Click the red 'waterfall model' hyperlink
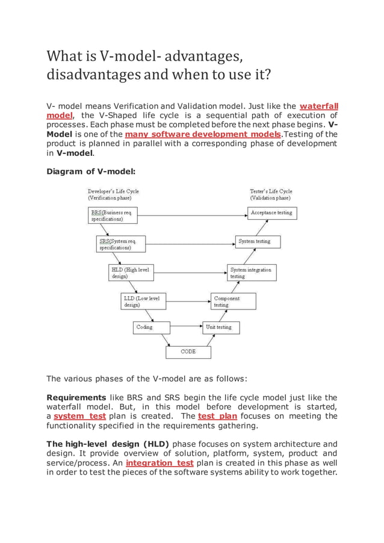(318, 106)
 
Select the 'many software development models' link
(202, 134)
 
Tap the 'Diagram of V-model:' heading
(87, 171)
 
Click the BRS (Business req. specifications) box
(116, 216)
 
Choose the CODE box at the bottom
(188, 352)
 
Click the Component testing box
(233, 301)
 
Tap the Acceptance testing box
(271, 213)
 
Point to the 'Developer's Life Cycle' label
(114, 194)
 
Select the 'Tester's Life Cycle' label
(271, 194)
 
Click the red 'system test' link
(80, 416)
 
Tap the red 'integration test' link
(159, 462)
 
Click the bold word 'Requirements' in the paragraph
(76, 397)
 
